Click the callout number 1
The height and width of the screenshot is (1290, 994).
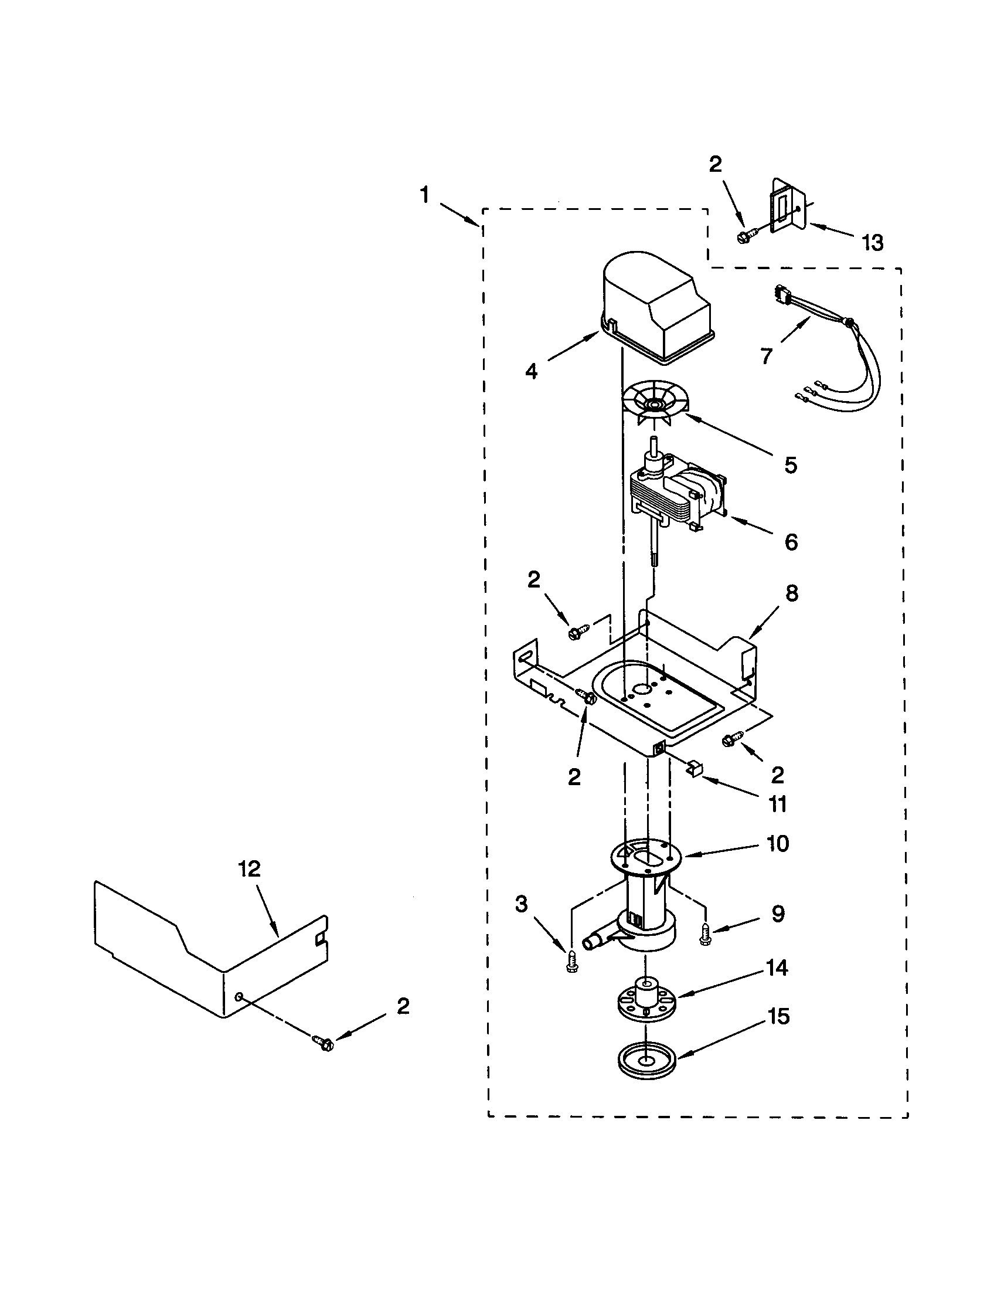click(x=424, y=195)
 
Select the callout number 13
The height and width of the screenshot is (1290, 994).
click(x=873, y=242)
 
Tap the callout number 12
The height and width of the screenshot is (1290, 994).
click(x=250, y=869)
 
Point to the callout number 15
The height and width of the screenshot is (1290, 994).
click(x=778, y=1016)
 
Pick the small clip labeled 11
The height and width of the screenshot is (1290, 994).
click(x=694, y=768)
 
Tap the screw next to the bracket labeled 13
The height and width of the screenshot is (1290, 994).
click(x=743, y=237)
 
